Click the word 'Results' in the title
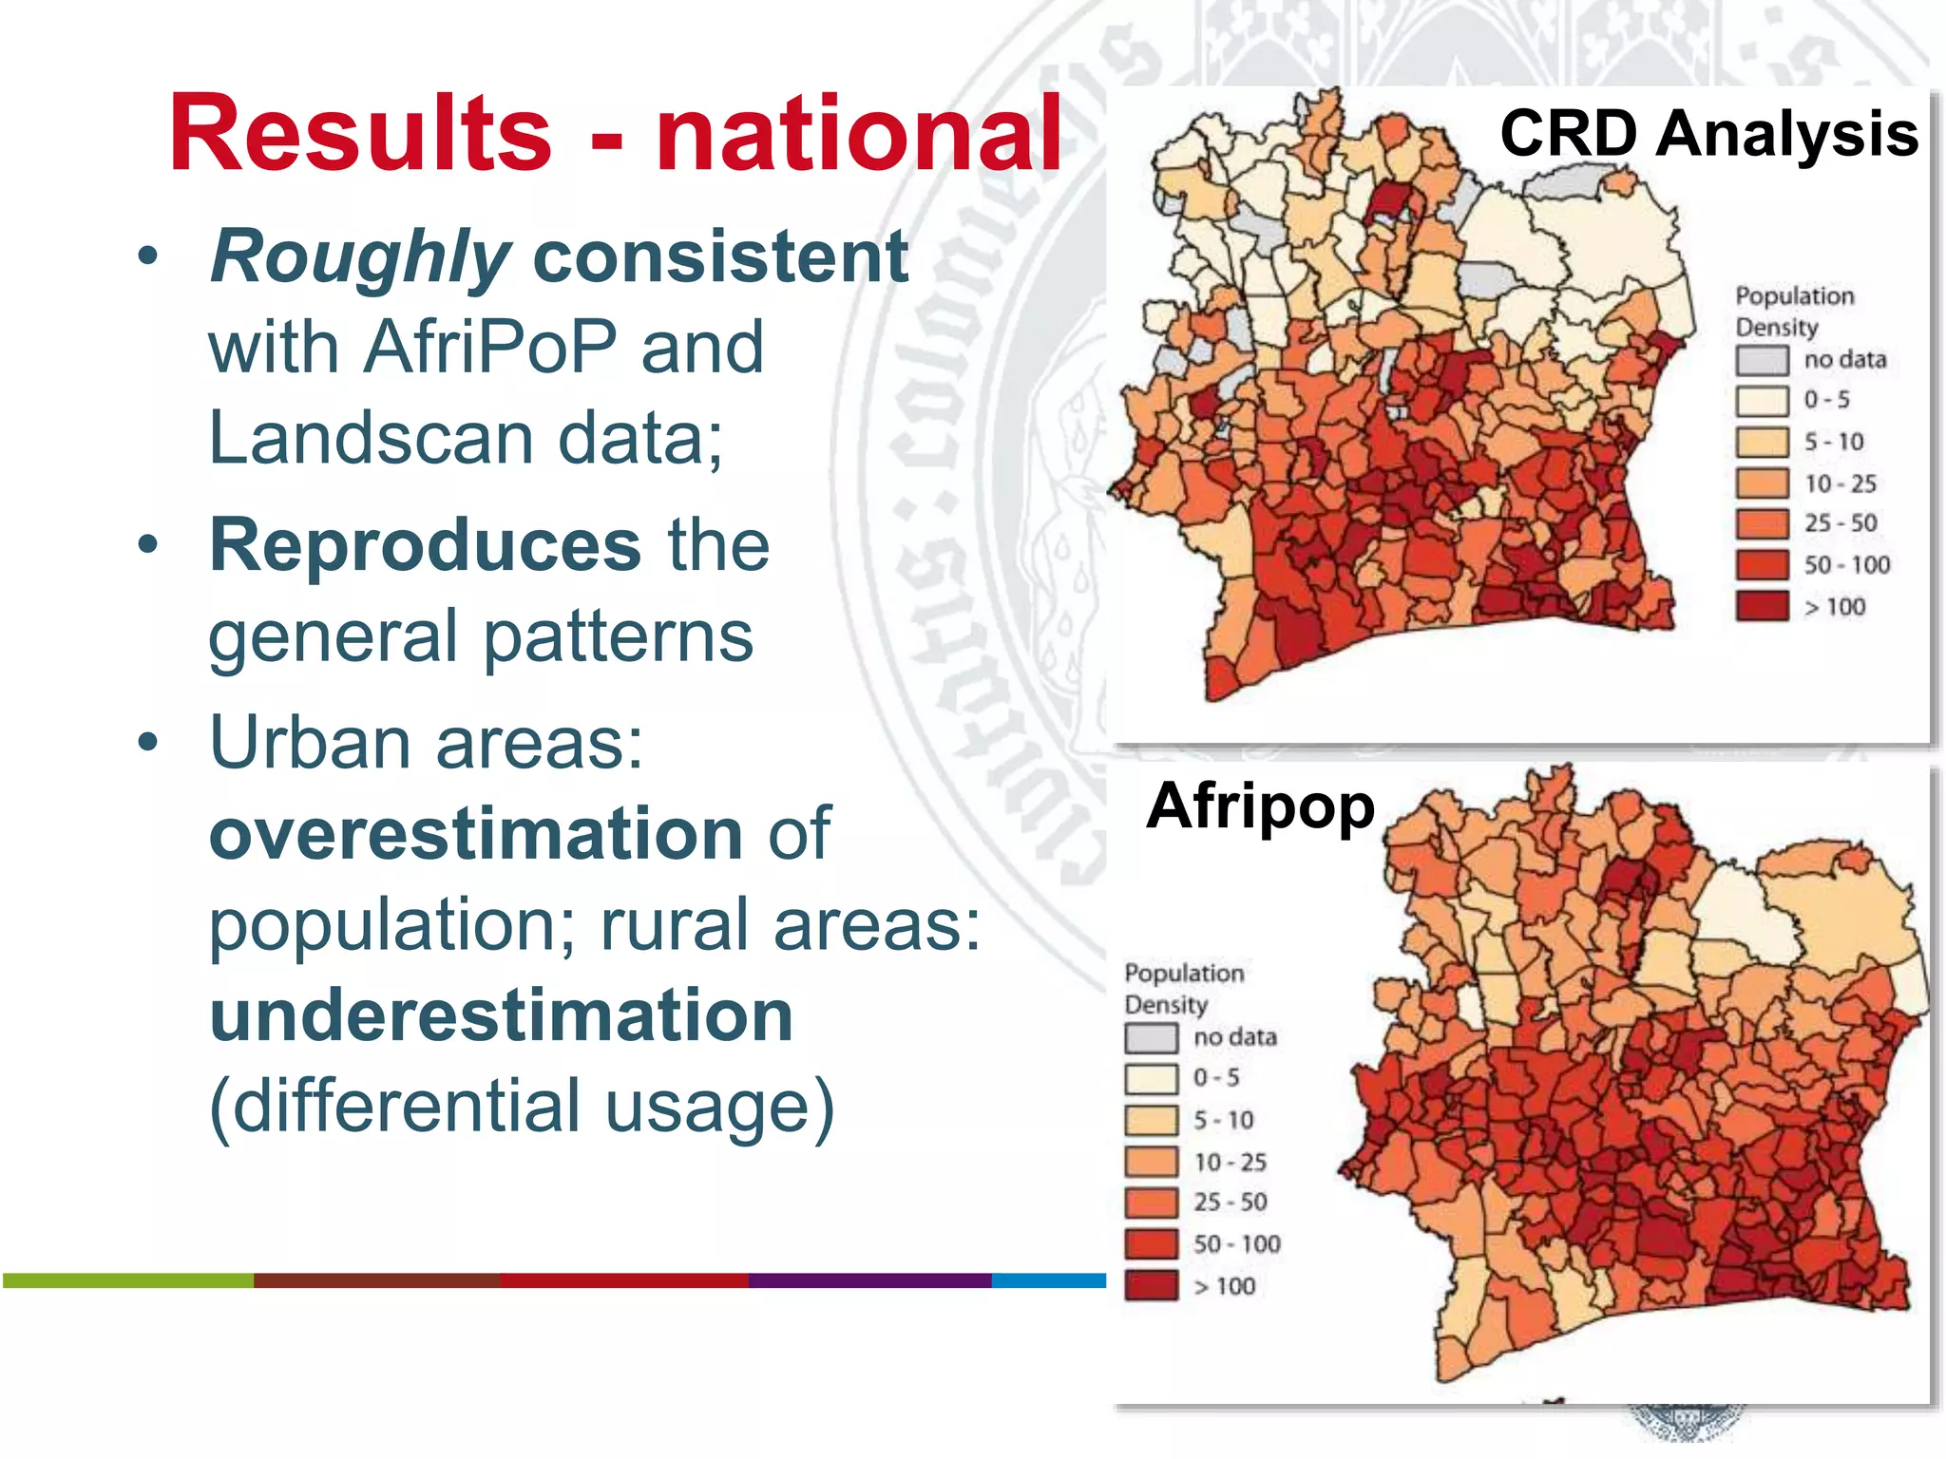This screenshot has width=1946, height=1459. pos(360,134)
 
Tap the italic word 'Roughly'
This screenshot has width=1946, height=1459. pos(360,257)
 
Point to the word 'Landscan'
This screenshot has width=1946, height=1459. pos(371,438)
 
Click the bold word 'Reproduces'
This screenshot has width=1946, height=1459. pos(425,546)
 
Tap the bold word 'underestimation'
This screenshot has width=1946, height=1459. pos(501,1015)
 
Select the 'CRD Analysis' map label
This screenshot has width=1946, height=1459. pos(1708,134)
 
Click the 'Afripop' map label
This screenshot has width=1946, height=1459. pos(1260,806)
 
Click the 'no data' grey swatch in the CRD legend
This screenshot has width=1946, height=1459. pos(1762,360)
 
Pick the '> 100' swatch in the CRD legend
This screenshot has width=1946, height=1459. pos(1762,606)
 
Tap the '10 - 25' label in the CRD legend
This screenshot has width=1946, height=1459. pos(1841,483)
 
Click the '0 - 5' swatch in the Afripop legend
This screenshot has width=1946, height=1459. pos(1151,1079)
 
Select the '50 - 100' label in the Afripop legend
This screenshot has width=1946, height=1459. pos(1236,1244)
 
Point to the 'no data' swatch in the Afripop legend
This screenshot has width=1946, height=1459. pos(1151,1037)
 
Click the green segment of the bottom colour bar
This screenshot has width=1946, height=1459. pos(128,1281)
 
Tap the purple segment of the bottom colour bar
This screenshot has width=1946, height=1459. pos(869,1281)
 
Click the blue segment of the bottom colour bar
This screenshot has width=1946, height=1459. pos(1048,1281)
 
